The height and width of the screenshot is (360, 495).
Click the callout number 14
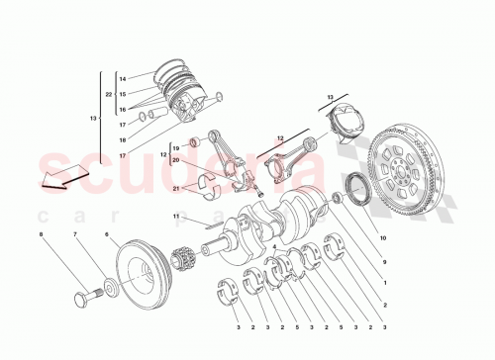[x=122, y=78]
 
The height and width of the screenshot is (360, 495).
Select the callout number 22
[x=109, y=94]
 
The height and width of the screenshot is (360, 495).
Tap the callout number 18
[x=122, y=140]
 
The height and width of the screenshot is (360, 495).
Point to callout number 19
[x=174, y=147]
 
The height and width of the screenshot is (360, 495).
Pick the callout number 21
[x=174, y=187]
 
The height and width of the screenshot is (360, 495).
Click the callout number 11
[x=174, y=216]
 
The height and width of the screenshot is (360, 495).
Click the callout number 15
[x=122, y=94]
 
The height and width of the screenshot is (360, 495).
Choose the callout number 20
[x=174, y=160]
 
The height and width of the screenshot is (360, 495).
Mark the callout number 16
[x=122, y=110]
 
